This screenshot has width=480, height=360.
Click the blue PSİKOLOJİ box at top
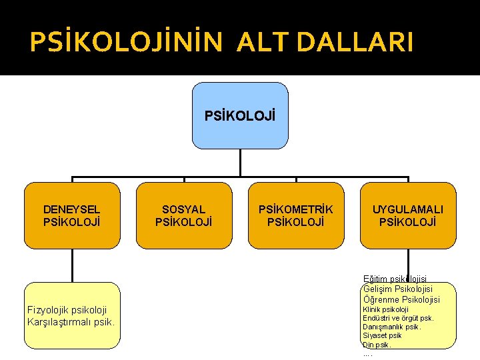coord(240,115)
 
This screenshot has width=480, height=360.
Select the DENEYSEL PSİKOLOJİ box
coord(72,215)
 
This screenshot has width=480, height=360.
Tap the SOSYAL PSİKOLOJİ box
coord(184,215)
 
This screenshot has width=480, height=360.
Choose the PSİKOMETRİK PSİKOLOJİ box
coord(296,215)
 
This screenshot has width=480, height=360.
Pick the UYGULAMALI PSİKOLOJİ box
coord(408,215)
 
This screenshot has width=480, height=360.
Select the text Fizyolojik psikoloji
coord(67,310)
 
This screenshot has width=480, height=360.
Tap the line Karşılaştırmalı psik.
coord(71,322)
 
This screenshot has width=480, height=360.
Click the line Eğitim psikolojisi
coord(395,279)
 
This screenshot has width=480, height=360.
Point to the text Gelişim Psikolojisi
coord(398,289)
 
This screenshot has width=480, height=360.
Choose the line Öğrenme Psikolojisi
coord(401,299)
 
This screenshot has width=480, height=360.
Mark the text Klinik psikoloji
coord(385,309)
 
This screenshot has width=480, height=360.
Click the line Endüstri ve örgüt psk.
coord(398,318)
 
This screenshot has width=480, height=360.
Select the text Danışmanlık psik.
coord(391,327)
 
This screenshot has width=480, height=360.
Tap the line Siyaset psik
coord(382,336)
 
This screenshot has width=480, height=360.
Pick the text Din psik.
coord(377,345)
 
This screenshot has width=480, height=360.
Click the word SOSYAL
coord(184,209)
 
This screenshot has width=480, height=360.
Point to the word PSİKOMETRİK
coord(296,209)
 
